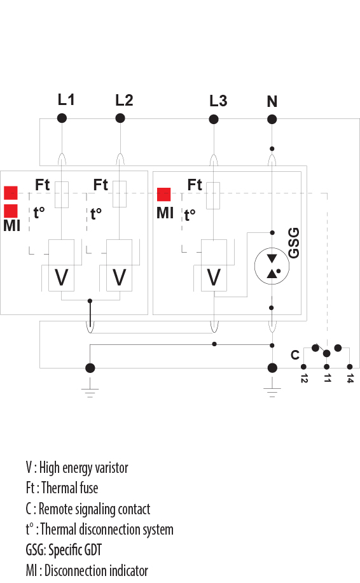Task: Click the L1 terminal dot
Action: [x=62, y=118]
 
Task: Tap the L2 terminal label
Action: [x=124, y=100]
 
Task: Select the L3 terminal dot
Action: [x=214, y=120]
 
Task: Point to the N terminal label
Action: [x=272, y=101]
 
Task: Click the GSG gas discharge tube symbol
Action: [x=272, y=266]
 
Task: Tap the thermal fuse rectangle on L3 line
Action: [x=213, y=195]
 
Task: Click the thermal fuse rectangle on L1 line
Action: [x=62, y=194]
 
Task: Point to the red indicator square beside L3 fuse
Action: [x=164, y=195]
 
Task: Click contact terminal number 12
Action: [x=304, y=379]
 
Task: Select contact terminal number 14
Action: [x=350, y=379]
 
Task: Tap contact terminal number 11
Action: [x=327, y=379]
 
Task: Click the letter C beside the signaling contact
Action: [x=295, y=355]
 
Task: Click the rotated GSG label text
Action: [x=293, y=242]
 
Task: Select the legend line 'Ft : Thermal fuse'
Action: [x=62, y=488]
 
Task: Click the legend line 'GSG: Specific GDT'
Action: [x=64, y=549]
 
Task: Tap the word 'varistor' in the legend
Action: [x=111, y=468]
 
